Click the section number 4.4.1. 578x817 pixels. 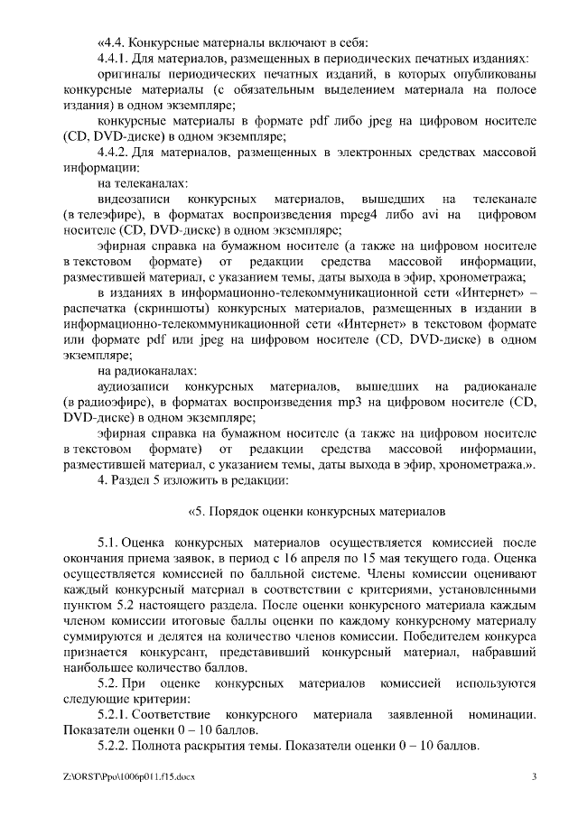coord(114,59)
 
